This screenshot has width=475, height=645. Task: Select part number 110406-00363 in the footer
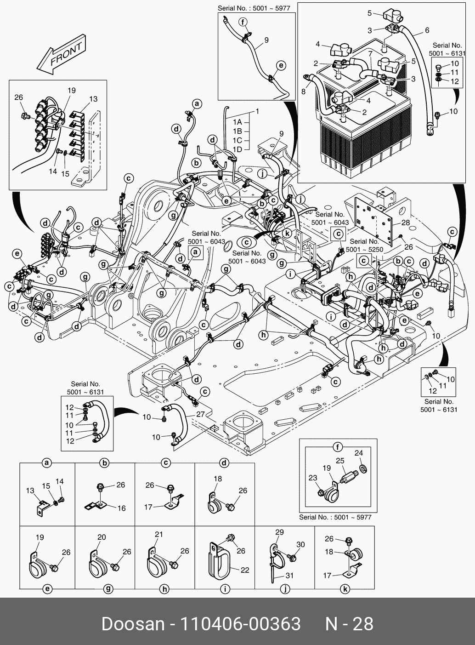(x=240, y=624)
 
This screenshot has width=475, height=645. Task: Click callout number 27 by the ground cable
(x=200, y=414)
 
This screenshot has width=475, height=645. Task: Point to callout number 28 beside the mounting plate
(x=405, y=223)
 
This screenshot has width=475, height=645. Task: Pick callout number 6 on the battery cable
(x=427, y=30)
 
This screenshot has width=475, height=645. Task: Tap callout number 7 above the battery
(x=370, y=54)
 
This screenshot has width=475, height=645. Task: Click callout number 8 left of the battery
(x=303, y=91)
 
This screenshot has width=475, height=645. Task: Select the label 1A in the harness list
(x=237, y=122)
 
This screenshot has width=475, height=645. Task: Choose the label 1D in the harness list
(x=237, y=149)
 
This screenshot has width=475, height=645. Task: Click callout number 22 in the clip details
(x=245, y=570)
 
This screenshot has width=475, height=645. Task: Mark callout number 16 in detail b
(x=121, y=508)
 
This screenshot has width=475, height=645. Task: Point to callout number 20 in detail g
(x=102, y=537)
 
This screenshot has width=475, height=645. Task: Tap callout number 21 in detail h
(x=159, y=534)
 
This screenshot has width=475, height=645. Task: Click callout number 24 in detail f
(x=359, y=453)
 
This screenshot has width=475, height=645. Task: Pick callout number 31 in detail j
(x=289, y=575)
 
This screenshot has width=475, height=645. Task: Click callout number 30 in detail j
(x=300, y=544)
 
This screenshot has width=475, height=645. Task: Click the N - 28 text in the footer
(x=349, y=624)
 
